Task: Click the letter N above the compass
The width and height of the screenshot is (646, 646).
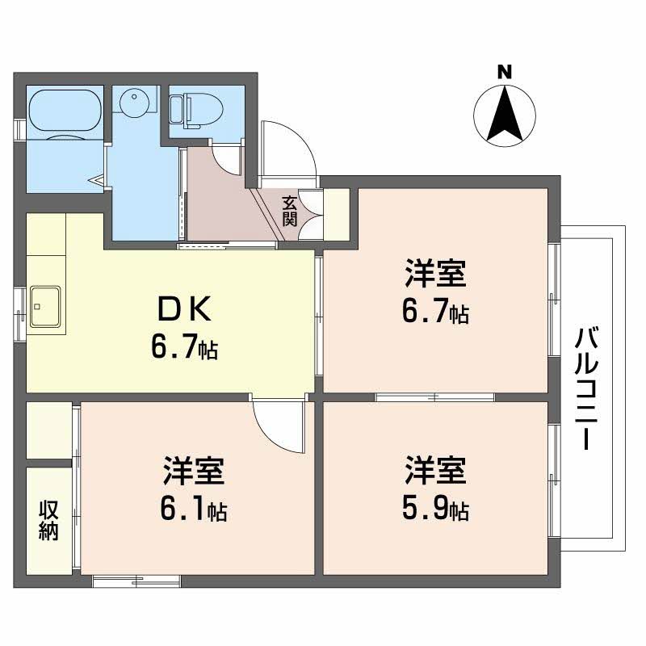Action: pyautogui.click(x=505, y=72)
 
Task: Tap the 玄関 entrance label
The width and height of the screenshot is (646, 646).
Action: pyautogui.click(x=289, y=211)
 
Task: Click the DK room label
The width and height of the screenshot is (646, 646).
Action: pyautogui.click(x=184, y=309)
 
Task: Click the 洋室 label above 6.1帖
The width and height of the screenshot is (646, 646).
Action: pyautogui.click(x=194, y=472)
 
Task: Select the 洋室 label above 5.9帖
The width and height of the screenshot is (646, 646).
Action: pyautogui.click(x=435, y=472)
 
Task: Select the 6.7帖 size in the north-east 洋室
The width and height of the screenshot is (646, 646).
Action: pyautogui.click(x=435, y=312)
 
